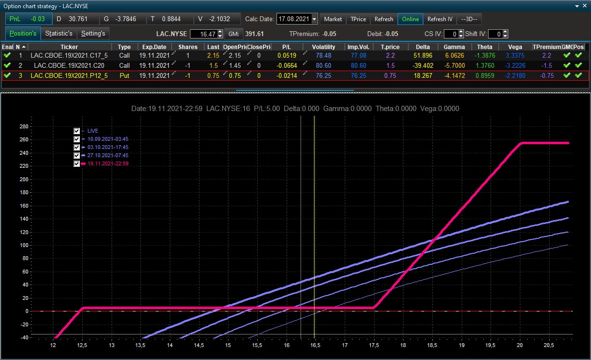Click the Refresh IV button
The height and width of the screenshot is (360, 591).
click(x=440, y=19)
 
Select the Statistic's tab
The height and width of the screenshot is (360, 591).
click(x=59, y=34)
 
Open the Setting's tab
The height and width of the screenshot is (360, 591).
click(x=93, y=34)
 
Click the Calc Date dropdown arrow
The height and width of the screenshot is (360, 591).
click(x=314, y=19)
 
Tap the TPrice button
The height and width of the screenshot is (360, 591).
click(x=358, y=19)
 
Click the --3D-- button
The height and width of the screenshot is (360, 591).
click(x=469, y=19)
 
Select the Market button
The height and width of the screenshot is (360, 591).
click(x=333, y=19)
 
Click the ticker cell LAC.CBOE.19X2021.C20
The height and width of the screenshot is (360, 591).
click(x=69, y=65)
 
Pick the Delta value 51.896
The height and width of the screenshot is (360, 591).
click(x=423, y=55)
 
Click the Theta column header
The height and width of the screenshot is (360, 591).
click(x=484, y=47)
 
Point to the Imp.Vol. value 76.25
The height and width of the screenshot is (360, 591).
click(x=358, y=75)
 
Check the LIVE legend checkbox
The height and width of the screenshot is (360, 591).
click(x=76, y=131)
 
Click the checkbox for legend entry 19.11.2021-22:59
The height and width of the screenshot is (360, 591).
click(x=76, y=163)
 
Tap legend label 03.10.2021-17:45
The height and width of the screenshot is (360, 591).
click(x=108, y=147)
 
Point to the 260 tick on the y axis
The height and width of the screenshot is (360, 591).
click(x=24, y=139)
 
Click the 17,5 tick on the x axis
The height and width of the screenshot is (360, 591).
click(x=374, y=345)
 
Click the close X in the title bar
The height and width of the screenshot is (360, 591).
click(x=584, y=6)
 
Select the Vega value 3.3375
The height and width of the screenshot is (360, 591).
click(x=515, y=55)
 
